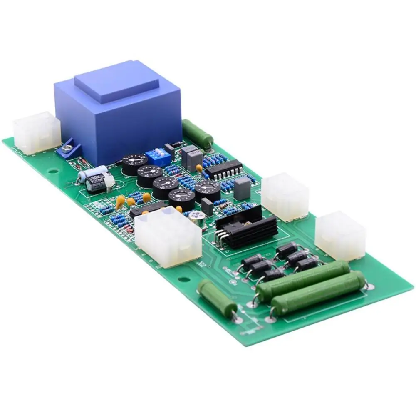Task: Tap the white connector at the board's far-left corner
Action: click(x=37, y=132)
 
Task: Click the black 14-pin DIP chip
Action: click(x=223, y=169)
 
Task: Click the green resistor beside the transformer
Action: click(x=197, y=133)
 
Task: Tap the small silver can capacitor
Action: click(x=196, y=218)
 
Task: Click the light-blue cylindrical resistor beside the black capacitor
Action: click(x=92, y=172)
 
